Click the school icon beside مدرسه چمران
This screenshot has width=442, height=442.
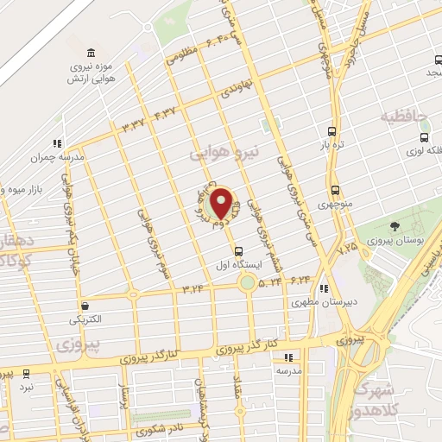pyautogui.click(x=57, y=144)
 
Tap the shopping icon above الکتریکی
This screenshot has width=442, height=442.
pyautogui.click(x=85, y=306)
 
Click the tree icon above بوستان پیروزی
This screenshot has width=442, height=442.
pyautogui.click(x=395, y=225)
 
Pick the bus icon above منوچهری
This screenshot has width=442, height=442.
pyautogui.click(x=335, y=191)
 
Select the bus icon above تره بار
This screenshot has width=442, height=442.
pyautogui.click(x=332, y=132)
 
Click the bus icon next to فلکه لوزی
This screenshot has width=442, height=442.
pyautogui.click(x=423, y=136)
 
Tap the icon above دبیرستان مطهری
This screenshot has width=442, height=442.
pyautogui.click(x=324, y=289)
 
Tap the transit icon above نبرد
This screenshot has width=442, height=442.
pyautogui.click(x=27, y=374)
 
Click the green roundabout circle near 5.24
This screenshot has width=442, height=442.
pyautogui.click(x=248, y=283)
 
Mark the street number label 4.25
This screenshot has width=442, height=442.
pyautogui.click(x=347, y=248)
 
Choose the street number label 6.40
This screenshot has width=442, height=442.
pyautogui.click(x=218, y=40)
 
